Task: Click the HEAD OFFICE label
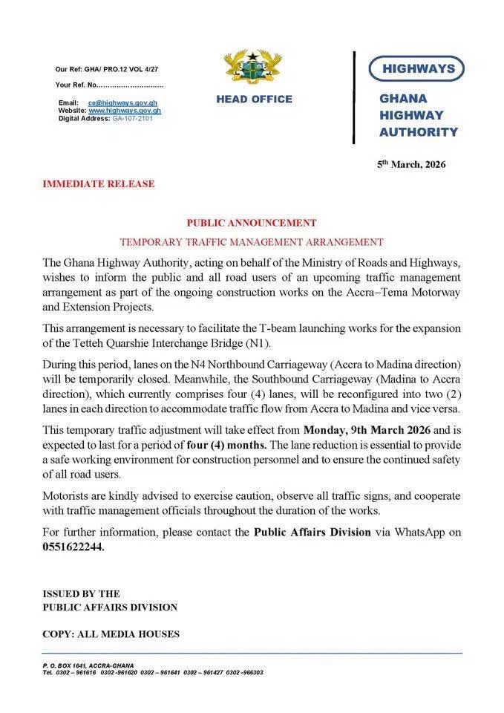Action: click(254, 100)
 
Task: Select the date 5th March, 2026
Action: click(411, 164)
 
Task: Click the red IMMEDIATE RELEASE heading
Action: click(99, 184)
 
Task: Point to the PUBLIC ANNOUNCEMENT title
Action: click(252, 223)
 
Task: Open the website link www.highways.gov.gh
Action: click(124, 110)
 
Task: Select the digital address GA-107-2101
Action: click(134, 118)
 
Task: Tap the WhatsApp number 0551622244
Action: click(73, 547)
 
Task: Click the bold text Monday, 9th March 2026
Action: click(366, 429)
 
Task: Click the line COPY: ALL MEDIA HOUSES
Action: click(111, 634)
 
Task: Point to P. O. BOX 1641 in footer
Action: click(66, 665)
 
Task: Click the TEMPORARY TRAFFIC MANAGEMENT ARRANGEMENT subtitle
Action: click(252, 242)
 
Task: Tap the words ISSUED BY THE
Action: click(81, 593)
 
